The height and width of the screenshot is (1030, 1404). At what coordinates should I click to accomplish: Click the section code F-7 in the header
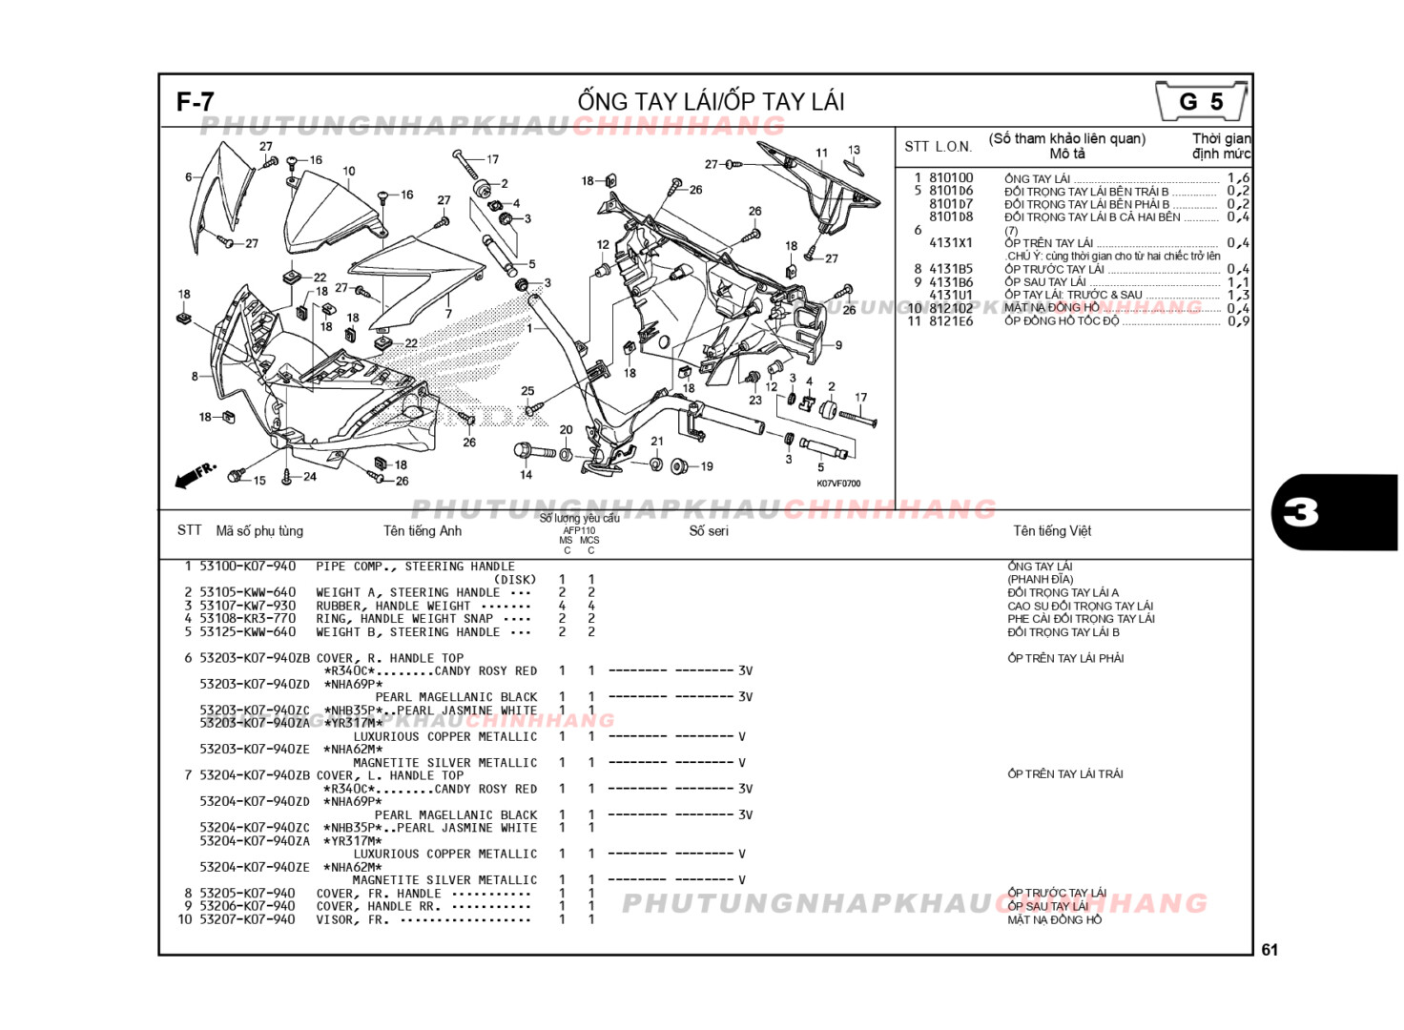click(x=196, y=102)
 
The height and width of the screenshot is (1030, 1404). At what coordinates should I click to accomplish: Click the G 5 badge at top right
click(x=1200, y=101)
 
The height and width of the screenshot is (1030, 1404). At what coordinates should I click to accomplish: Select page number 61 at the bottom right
click(x=1269, y=950)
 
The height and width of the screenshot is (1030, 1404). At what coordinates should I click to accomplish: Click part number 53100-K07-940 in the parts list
click(x=248, y=566)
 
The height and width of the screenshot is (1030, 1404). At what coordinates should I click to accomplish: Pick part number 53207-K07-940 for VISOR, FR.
click(x=248, y=919)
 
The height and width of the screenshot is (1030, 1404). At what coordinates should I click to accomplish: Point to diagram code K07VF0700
click(x=838, y=484)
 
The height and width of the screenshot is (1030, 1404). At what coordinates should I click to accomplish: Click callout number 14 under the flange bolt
click(x=526, y=475)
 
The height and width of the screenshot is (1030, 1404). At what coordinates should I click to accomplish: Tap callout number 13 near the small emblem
click(x=854, y=150)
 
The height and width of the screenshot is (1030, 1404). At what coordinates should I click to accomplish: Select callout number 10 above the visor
click(x=349, y=172)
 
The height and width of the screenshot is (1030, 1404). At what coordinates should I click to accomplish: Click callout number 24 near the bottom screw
click(x=310, y=477)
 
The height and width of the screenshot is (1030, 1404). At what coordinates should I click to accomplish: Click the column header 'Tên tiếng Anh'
click(x=422, y=531)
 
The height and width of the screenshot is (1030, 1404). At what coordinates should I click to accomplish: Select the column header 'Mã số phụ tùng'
click(x=259, y=531)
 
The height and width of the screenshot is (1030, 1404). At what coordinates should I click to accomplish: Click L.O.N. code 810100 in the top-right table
click(x=951, y=177)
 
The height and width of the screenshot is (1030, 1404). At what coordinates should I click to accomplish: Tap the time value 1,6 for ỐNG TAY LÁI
click(x=1238, y=177)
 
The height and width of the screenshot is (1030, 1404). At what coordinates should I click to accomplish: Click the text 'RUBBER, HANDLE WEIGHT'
click(x=393, y=606)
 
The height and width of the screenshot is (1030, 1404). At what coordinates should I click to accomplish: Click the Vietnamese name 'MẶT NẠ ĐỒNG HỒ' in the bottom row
click(x=1054, y=919)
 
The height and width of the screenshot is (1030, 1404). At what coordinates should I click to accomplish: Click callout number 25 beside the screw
click(x=527, y=391)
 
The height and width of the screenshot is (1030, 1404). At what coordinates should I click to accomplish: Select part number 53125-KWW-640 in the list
click(x=248, y=631)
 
